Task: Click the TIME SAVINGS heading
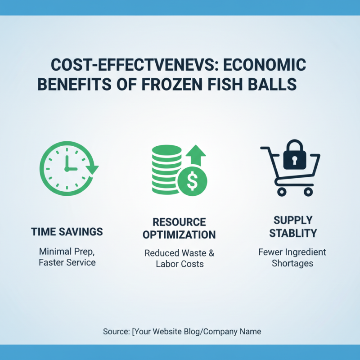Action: [x=67, y=232]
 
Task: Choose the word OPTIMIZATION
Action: [x=179, y=234]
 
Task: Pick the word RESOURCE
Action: [x=179, y=222]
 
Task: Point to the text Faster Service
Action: [x=67, y=262]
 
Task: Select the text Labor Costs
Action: [x=180, y=264]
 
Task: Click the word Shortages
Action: [x=292, y=263]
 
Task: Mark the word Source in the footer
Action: [x=115, y=332]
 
